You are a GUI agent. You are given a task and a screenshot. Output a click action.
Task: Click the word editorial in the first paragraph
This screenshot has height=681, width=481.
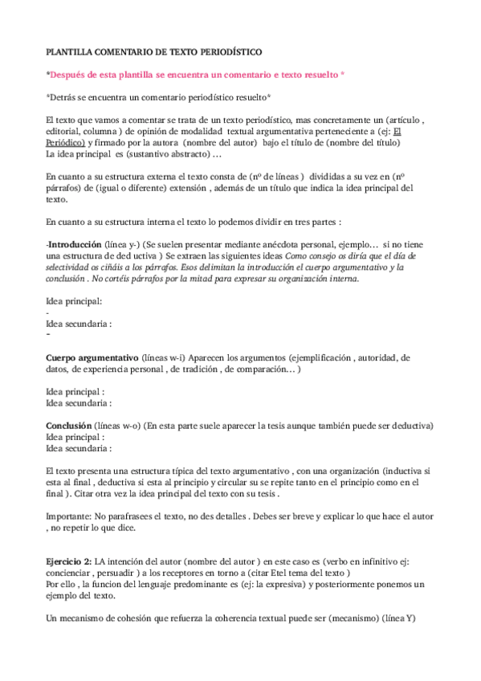point(65,131)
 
